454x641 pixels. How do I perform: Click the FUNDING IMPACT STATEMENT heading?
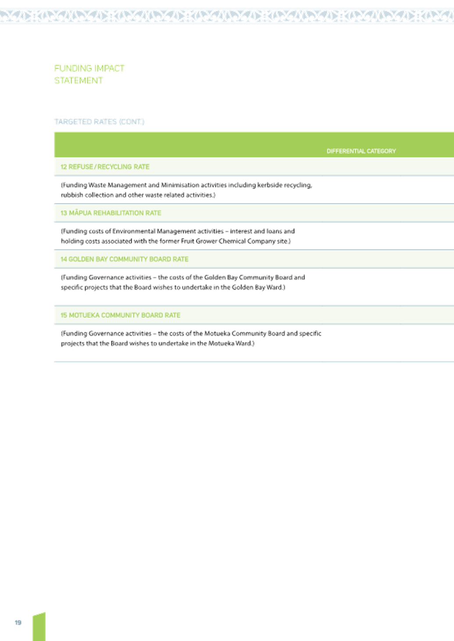pyautogui.click(x=89, y=75)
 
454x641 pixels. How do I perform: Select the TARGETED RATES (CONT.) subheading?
pyautogui.click(x=99, y=122)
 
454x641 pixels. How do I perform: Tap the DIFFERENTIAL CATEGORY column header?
pyautogui.click(x=361, y=151)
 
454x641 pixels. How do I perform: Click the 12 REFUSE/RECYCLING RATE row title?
pyautogui.click(x=105, y=167)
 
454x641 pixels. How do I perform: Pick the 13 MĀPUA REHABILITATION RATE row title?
pyautogui.click(x=111, y=213)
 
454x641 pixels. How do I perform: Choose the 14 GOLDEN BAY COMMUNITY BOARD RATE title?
pyautogui.click(x=124, y=259)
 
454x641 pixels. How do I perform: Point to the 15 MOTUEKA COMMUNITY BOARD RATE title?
pyautogui.click(x=120, y=315)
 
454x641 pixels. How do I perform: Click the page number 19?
pyautogui.click(x=18, y=623)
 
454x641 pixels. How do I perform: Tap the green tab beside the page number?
pyautogui.click(x=39, y=627)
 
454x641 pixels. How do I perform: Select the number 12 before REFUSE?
pyautogui.click(x=64, y=167)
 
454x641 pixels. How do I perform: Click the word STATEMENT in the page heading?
pyautogui.click(x=79, y=80)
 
